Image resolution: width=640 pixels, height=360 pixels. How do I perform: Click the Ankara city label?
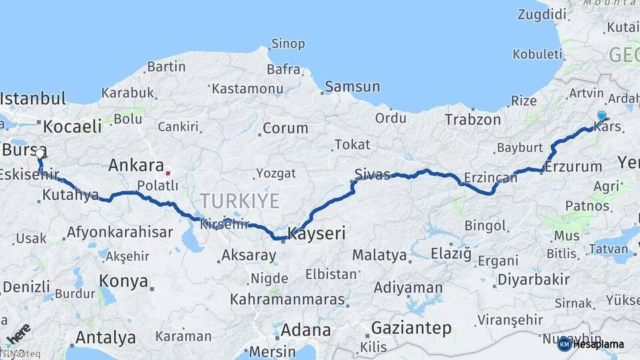(136, 165)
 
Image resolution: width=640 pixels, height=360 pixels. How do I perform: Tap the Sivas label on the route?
(372, 175)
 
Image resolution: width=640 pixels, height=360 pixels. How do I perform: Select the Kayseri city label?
(317, 233)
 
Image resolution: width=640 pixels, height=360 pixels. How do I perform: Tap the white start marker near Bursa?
(39, 154)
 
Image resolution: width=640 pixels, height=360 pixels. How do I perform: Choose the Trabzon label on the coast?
(473, 120)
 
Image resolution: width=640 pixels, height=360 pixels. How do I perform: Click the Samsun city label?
(353, 87)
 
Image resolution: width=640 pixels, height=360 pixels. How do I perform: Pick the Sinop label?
(288, 45)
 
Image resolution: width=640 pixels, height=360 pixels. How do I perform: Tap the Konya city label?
(123, 281)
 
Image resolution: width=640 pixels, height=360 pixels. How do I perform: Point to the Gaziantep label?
(411, 328)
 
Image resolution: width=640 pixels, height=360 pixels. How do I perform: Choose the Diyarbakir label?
(534, 279)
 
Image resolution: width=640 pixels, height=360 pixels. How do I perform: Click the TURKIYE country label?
(239, 200)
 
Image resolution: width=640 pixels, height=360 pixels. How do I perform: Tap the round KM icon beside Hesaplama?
(565, 344)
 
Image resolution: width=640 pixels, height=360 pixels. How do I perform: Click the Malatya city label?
(379, 255)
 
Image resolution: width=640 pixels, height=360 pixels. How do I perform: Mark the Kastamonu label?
(248, 88)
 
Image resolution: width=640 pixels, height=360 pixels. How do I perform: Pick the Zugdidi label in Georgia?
(542, 15)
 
